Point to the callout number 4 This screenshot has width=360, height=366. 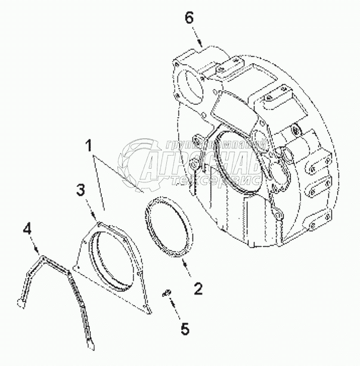[27, 228]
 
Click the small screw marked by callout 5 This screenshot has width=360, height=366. [167, 291]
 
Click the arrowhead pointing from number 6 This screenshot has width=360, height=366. [201, 46]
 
